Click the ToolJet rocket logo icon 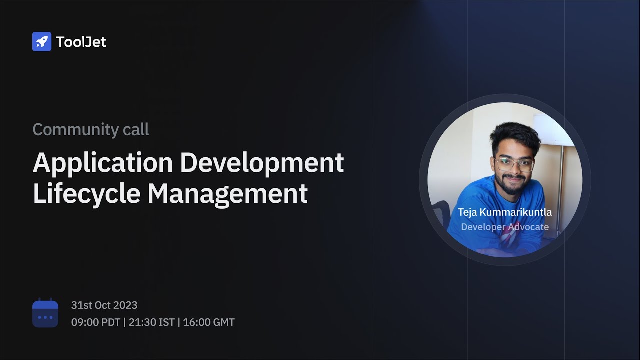click(42, 42)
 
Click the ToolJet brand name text click(81, 42)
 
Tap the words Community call click(91, 130)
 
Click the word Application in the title click(103, 163)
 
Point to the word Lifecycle click(86, 194)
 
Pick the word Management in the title click(227, 194)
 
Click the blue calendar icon click(45, 313)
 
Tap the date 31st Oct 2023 click(104, 305)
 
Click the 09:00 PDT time click(96, 322)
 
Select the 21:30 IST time click(152, 322)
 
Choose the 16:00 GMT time click(209, 322)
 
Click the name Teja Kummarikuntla click(505, 212)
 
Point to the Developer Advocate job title click(505, 227)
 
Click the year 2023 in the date click(125, 305)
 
